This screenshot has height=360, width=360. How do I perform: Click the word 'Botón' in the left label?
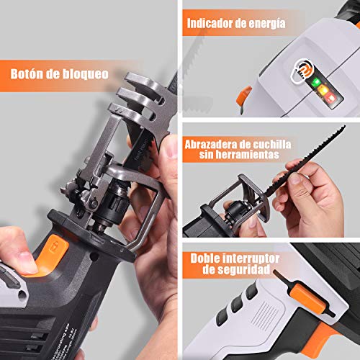click(28, 73)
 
